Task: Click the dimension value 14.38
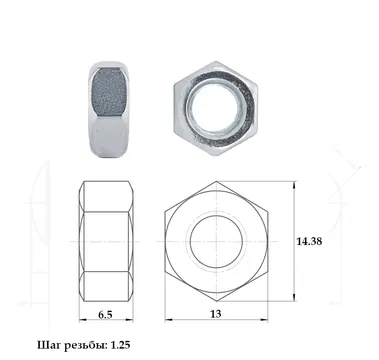(309, 241)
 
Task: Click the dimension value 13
(216, 314)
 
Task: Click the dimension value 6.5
(105, 315)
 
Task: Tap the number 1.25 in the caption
(120, 345)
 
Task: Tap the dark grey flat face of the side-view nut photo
(108, 91)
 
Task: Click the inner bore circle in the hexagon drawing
(215, 216)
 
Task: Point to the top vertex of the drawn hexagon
(216, 182)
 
